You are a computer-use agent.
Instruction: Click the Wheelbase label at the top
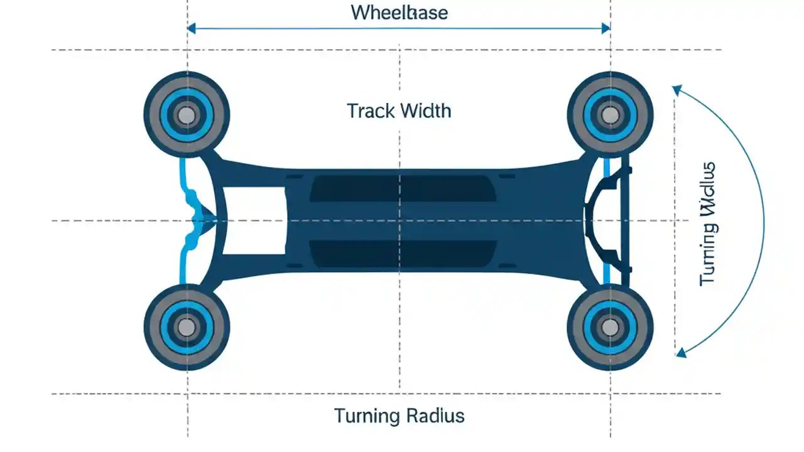point(399,13)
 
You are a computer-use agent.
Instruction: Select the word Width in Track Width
point(425,111)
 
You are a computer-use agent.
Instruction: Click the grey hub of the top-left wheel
point(187,115)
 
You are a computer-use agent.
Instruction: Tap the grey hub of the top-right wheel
point(609,115)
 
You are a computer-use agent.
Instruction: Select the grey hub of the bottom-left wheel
point(187,327)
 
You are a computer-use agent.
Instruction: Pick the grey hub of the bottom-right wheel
point(609,327)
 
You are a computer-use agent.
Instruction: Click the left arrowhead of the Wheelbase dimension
point(192,28)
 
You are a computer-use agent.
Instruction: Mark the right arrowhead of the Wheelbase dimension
point(606,28)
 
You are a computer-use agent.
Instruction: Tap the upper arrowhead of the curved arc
point(676,90)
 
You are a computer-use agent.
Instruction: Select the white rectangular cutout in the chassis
point(251,221)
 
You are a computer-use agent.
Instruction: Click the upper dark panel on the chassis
point(399,188)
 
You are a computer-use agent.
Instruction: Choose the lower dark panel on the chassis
point(399,254)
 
